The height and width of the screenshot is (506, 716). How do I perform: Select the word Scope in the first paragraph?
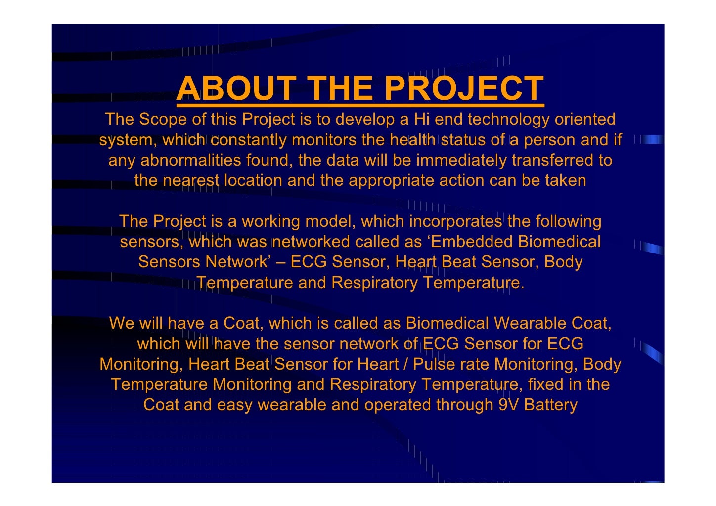[162, 119]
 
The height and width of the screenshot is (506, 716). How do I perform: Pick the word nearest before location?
[190, 180]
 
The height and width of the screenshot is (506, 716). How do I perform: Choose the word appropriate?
[391, 180]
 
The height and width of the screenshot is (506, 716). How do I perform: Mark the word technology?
[508, 119]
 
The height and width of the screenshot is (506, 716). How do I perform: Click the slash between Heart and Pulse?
[405, 364]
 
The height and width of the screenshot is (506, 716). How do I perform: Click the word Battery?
[550, 405]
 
